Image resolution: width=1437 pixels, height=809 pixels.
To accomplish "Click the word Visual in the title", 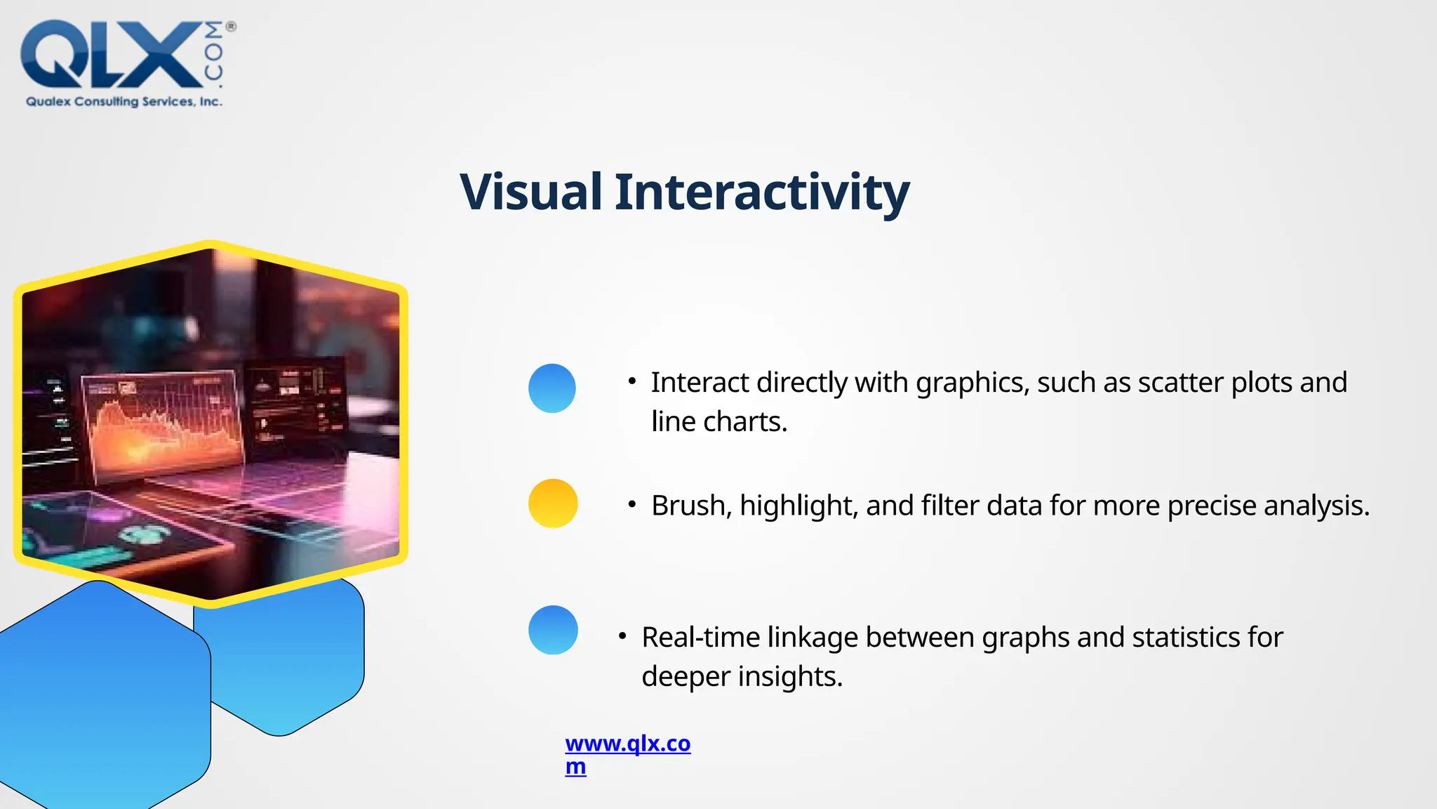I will pyautogui.click(x=531, y=192).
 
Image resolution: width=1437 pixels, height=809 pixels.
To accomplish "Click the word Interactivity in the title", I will pyautogui.click(x=762, y=192).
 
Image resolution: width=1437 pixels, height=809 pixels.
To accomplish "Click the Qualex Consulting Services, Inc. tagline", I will pyautogui.click(x=124, y=102).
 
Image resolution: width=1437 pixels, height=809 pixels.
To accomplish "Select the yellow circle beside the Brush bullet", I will pyautogui.click(x=553, y=504).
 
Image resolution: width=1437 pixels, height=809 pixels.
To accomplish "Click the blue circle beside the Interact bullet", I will pyautogui.click(x=552, y=388).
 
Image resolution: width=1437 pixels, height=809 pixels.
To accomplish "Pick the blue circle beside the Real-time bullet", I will pyautogui.click(x=553, y=630).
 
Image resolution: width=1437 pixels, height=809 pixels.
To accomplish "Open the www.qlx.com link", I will pyautogui.click(x=627, y=744).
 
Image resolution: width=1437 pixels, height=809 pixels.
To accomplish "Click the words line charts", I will pyautogui.click(x=719, y=422).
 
